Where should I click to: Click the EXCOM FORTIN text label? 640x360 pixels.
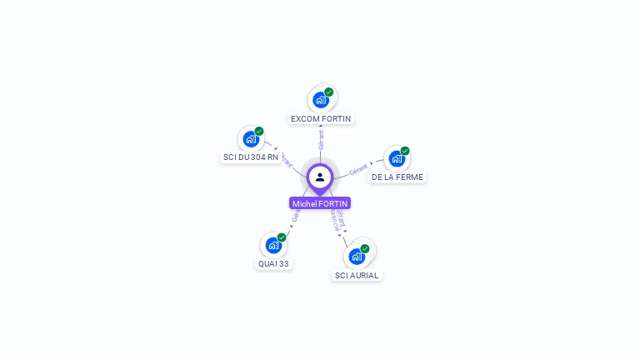pyautogui.click(x=321, y=118)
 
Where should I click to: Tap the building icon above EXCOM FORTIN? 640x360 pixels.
pyautogui.click(x=321, y=100)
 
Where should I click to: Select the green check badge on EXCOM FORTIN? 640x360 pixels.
pyautogui.click(x=329, y=92)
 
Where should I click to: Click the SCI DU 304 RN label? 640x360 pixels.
pyautogui.click(x=251, y=157)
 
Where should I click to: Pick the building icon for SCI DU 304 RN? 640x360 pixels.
pyautogui.click(x=251, y=139)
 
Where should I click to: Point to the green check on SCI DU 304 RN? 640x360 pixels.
pyautogui.click(x=259, y=131)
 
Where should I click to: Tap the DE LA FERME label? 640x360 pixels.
pyautogui.click(x=397, y=177)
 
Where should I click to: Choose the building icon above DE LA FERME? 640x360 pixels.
pyautogui.click(x=397, y=158)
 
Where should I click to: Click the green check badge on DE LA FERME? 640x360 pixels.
pyautogui.click(x=405, y=151)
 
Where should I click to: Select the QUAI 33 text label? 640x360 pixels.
pyautogui.click(x=273, y=263)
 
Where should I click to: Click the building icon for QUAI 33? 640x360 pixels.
pyautogui.click(x=273, y=245)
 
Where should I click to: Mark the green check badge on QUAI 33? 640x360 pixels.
pyautogui.click(x=282, y=237)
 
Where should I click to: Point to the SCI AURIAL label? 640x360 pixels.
pyautogui.click(x=357, y=275)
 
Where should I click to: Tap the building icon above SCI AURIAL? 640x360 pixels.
pyautogui.click(x=357, y=256)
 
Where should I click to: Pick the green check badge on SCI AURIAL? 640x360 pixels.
pyautogui.click(x=365, y=248)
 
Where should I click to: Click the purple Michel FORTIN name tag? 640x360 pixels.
pyautogui.click(x=320, y=203)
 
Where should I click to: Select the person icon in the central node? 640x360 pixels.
pyautogui.click(x=320, y=177)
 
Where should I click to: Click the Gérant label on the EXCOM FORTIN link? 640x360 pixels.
pyautogui.click(x=321, y=140)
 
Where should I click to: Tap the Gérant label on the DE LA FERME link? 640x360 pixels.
pyautogui.click(x=358, y=169)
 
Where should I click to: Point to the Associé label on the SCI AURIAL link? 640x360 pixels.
pyautogui.click(x=334, y=220)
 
